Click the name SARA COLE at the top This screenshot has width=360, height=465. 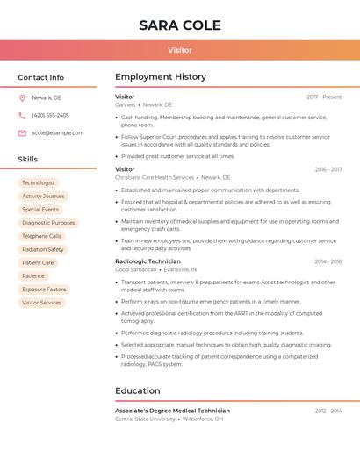coord(180,25)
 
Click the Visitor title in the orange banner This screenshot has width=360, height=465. coord(180,51)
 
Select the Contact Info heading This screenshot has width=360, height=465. coord(41,77)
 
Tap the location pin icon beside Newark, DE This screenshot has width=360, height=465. coord(22,97)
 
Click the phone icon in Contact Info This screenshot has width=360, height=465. coord(22,115)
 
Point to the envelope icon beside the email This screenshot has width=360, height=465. coord(22,133)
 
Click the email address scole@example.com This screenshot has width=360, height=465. coord(58,133)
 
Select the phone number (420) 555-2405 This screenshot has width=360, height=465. coord(50,115)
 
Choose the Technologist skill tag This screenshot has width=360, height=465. coord(39,183)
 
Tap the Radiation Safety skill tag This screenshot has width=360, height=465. coord(43,249)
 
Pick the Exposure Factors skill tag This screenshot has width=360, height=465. coord(44,290)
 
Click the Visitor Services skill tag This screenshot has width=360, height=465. coord(42,303)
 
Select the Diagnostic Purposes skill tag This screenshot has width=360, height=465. coord(48,223)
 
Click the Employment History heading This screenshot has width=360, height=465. coord(161,77)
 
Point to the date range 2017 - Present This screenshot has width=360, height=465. coord(324,97)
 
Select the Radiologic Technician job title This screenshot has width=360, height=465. coord(148,261)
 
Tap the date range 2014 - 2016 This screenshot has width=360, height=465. coord(328,261)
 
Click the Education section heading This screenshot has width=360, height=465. coord(138,391)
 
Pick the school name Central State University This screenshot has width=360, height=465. coord(145,419)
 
